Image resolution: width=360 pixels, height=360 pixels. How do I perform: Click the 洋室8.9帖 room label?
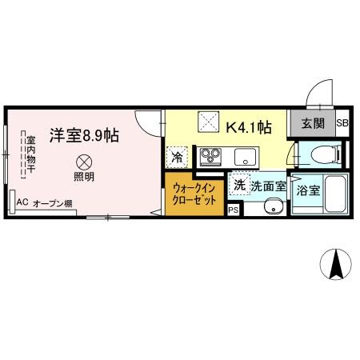tap(84, 135)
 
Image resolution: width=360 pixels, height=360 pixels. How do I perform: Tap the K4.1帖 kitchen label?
tap(249, 128)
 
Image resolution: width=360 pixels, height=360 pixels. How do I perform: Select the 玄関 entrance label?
tap(313, 124)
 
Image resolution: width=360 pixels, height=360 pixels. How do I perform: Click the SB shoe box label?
tap(342, 123)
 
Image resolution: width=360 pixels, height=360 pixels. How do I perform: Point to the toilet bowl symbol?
tap(326, 154)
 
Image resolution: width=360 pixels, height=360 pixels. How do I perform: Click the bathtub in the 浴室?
tap(335, 194)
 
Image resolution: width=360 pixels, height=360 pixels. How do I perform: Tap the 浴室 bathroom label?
tap(308, 190)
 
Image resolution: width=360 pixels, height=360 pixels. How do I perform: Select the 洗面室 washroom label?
tap(269, 186)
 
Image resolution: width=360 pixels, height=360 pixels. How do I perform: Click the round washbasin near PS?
tap(274, 206)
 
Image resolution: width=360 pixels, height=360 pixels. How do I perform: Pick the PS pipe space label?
tap(233, 210)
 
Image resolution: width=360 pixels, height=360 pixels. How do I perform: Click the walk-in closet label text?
tap(194, 194)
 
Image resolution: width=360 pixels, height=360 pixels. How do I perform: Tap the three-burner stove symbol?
tap(211, 156)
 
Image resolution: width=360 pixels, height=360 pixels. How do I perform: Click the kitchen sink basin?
tap(245, 157)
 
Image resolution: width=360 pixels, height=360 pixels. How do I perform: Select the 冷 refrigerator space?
tap(177, 158)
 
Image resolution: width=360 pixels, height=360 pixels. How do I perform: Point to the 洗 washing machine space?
tap(239, 184)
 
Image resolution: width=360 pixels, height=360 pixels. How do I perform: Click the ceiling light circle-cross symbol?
tap(84, 162)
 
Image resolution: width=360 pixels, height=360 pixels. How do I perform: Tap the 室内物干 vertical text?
tap(30, 154)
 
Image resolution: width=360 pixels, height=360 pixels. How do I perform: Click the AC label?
tap(22, 202)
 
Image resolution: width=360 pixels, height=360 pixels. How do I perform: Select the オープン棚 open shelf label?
tap(53, 204)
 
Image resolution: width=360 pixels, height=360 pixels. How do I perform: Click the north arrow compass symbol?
tap(336, 264)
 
